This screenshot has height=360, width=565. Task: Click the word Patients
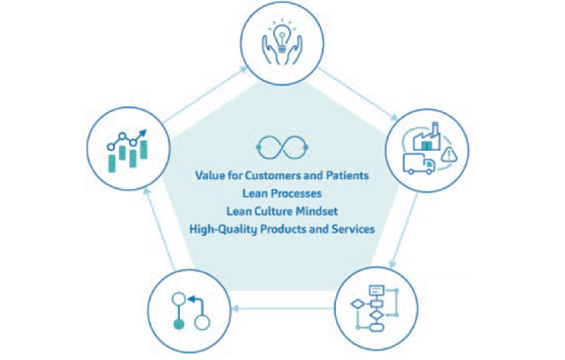(347, 175)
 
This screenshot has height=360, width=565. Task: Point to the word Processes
(297, 193)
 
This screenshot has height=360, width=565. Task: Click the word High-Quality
(223, 228)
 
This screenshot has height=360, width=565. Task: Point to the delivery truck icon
(420, 163)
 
